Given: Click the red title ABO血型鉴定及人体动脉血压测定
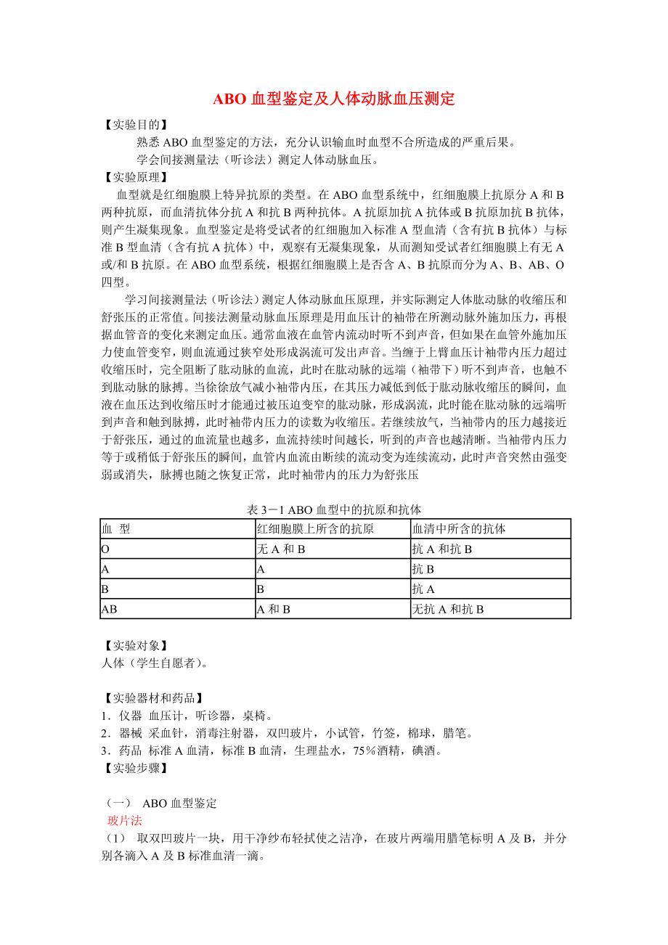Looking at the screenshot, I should [x=333, y=99].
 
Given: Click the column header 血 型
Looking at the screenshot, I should [x=116, y=529].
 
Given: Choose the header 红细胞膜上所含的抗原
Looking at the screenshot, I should [x=316, y=529].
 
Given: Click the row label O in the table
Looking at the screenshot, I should [x=105, y=549].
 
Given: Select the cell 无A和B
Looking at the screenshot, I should [x=281, y=549].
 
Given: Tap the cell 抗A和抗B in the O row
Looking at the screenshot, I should [x=442, y=549].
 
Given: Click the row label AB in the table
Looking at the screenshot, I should [x=109, y=610].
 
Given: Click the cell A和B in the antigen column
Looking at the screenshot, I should [x=274, y=610].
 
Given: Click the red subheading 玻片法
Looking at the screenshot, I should [x=124, y=821].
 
